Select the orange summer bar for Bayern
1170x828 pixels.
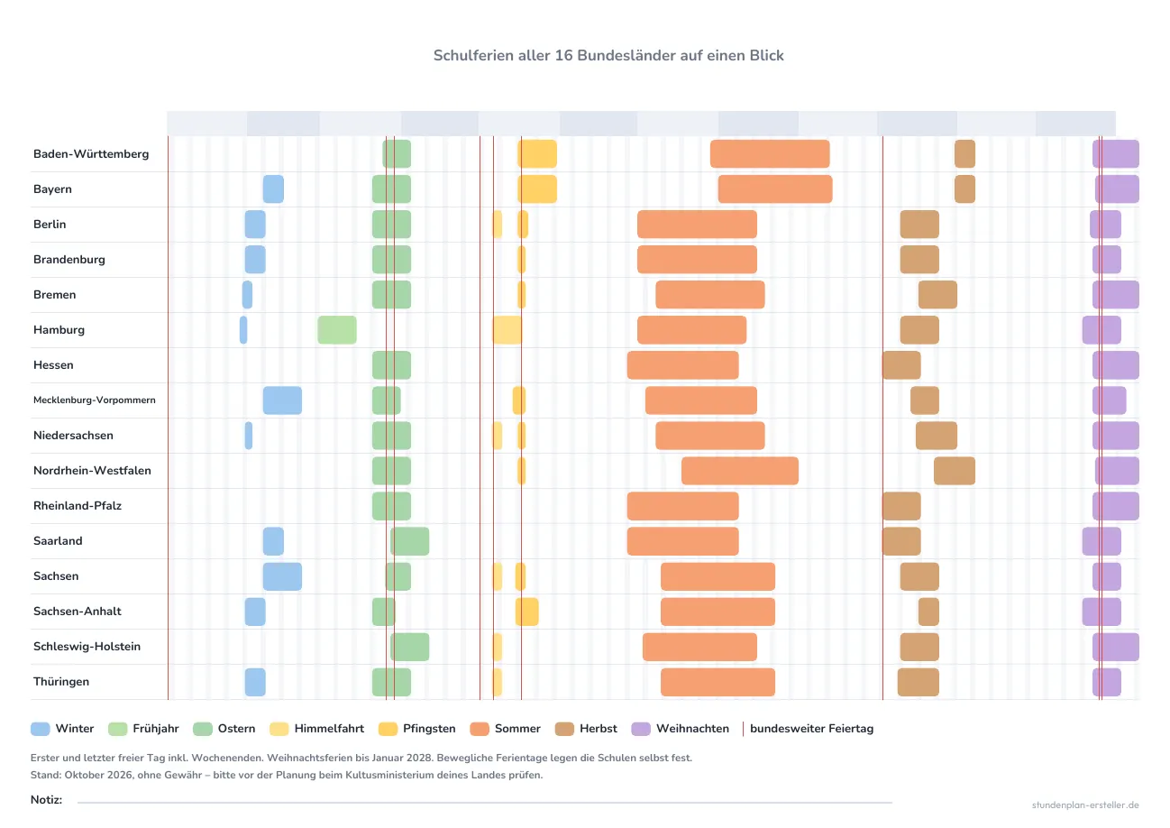pyautogui.click(x=775, y=189)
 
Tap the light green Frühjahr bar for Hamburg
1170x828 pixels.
pyautogui.click(x=337, y=330)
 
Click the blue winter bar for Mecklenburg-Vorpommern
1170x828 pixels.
pyautogui.click(x=282, y=400)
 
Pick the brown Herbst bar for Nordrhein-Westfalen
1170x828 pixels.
pyautogui.click(x=955, y=471)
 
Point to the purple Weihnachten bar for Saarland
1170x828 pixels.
pyautogui.click(x=1101, y=541)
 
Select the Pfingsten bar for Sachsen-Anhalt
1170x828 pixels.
pyautogui.click(x=527, y=612)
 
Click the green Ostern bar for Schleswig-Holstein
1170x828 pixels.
pyautogui.click(x=410, y=647)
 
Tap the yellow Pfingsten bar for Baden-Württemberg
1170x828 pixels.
pyautogui.click(x=537, y=153)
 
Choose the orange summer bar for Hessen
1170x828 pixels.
pyautogui.click(x=682, y=365)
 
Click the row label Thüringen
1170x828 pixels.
pyautogui.click(x=61, y=682)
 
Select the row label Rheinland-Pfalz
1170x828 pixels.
pyautogui.click(x=78, y=506)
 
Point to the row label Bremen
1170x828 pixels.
pyautogui.click(x=54, y=295)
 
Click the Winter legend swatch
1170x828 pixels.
pyautogui.click(x=41, y=729)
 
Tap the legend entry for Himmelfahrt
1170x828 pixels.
pyautogui.click(x=317, y=729)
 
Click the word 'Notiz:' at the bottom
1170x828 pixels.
pyautogui.click(x=46, y=800)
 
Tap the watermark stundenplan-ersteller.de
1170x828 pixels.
pyautogui.click(x=1085, y=805)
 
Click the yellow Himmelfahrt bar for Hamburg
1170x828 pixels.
pyautogui.click(x=507, y=330)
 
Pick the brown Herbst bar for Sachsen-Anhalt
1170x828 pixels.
pyautogui.click(x=928, y=612)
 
